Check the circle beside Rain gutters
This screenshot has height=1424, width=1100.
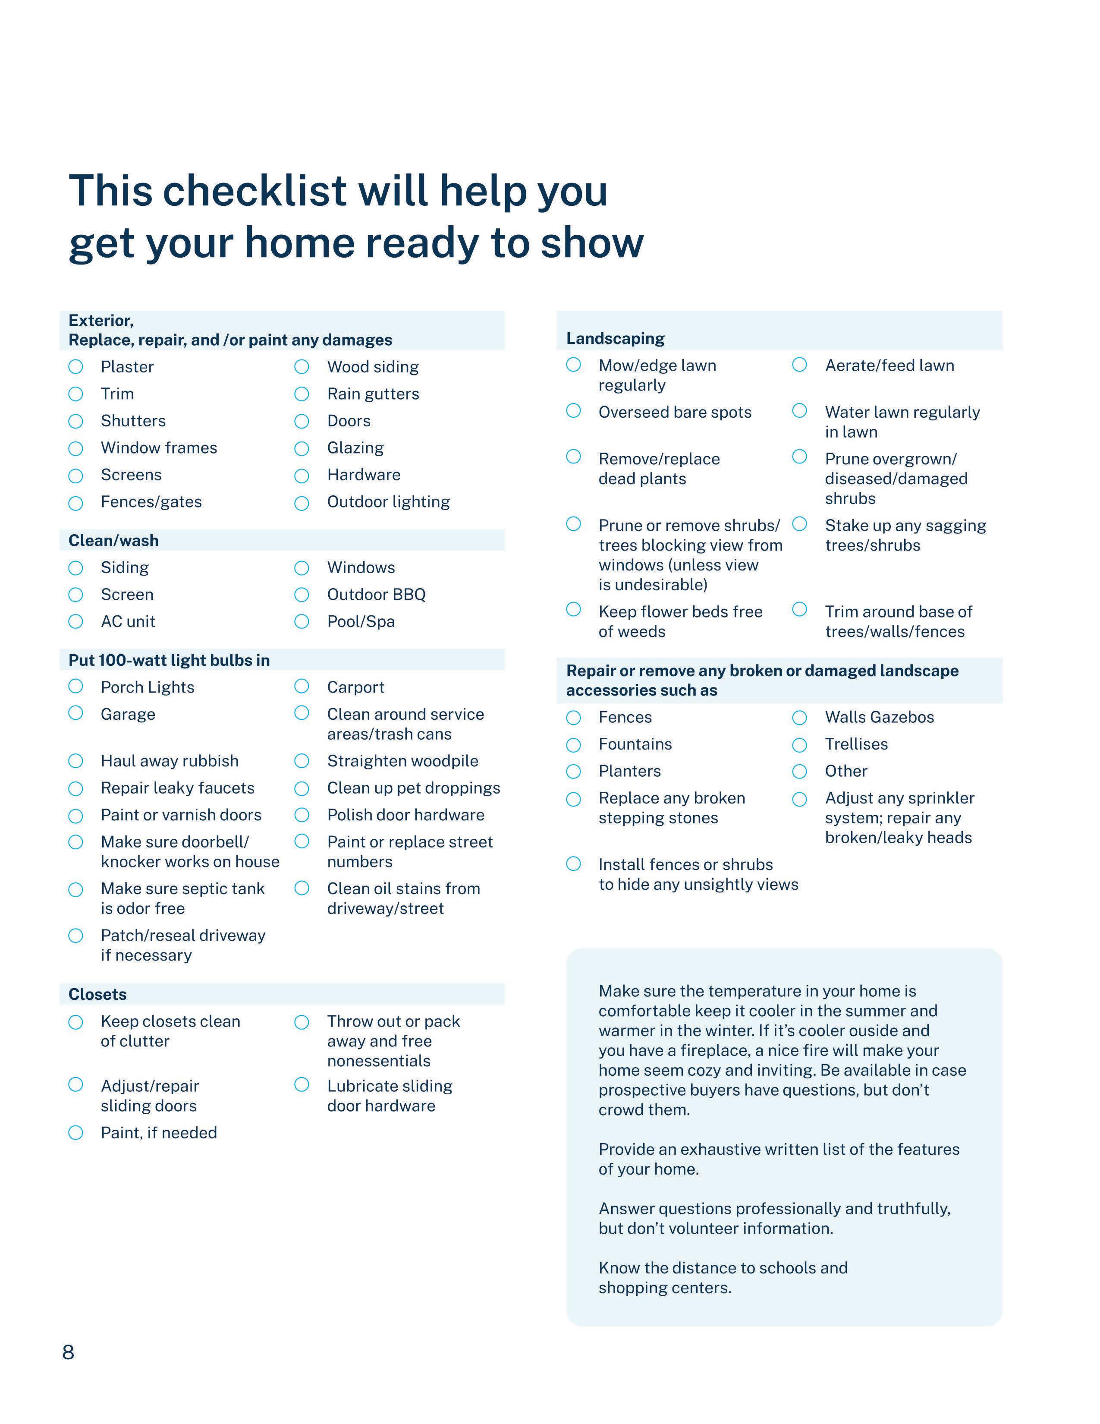pos(301,394)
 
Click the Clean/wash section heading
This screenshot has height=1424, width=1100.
pos(113,541)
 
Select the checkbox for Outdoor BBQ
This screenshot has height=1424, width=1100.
pos(301,595)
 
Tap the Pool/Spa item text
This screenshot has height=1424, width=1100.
pos(360,621)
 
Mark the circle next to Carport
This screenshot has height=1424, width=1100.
pos(301,686)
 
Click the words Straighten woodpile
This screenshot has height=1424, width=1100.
pos(402,761)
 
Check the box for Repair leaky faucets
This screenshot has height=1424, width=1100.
pos(75,788)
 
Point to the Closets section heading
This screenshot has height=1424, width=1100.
pos(98,994)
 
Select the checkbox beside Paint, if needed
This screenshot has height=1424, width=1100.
pos(75,1133)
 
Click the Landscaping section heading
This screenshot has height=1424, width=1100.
pos(615,338)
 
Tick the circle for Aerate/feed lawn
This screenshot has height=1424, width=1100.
pos(800,365)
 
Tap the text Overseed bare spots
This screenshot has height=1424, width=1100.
pos(675,412)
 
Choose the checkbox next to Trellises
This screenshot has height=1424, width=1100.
pos(800,745)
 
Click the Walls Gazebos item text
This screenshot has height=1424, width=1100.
pos(879,717)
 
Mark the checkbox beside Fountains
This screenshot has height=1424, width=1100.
pos(573,745)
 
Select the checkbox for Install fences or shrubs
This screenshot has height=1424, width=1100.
pos(573,864)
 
